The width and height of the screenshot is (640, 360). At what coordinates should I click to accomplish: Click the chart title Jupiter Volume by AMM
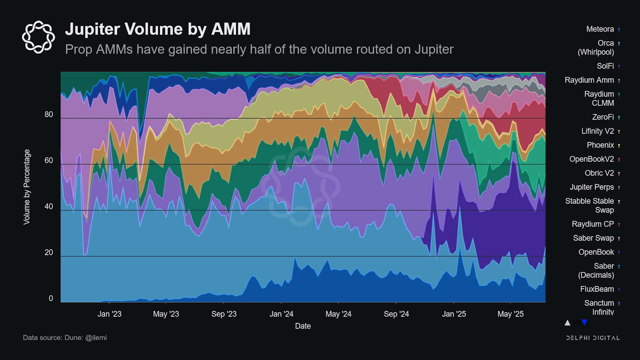(x=158, y=29)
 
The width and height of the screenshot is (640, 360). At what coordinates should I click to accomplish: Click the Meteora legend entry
(x=600, y=29)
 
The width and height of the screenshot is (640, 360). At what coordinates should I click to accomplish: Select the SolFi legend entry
(x=605, y=66)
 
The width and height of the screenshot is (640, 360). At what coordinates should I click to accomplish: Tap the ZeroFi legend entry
(x=603, y=117)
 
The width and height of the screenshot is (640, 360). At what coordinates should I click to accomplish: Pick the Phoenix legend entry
(x=600, y=145)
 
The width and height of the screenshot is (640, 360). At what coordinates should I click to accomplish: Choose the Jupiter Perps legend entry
(x=592, y=187)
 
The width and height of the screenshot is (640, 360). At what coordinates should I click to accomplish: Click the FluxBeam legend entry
(x=597, y=289)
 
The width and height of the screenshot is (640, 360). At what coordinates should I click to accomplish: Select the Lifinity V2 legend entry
(x=597, y=131)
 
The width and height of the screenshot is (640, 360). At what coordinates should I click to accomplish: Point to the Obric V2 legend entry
(x=599, y=173)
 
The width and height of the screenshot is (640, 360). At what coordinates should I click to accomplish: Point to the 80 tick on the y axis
(x=49, y=114)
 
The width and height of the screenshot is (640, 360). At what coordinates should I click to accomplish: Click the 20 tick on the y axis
(x=49, y=252)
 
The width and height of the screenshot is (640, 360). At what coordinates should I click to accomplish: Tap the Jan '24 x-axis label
(x=281, y=314)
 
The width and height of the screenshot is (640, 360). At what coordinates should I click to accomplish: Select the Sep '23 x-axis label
(x=224, y=314)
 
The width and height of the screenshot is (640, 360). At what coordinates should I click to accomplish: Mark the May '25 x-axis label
(x=510, y=314)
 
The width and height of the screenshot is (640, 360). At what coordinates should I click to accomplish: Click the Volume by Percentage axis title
(x=27, y=187)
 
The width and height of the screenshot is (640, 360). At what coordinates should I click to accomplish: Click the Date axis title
(x=303, y=326)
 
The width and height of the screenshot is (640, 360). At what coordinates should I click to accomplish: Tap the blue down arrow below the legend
(x=584, y=322)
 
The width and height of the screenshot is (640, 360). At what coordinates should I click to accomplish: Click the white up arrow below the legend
(x=567, y=322)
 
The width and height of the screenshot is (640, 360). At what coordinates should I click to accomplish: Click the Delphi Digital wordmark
(x=593, y=338)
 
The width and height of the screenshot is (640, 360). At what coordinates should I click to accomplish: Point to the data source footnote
(x=65, y=338)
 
